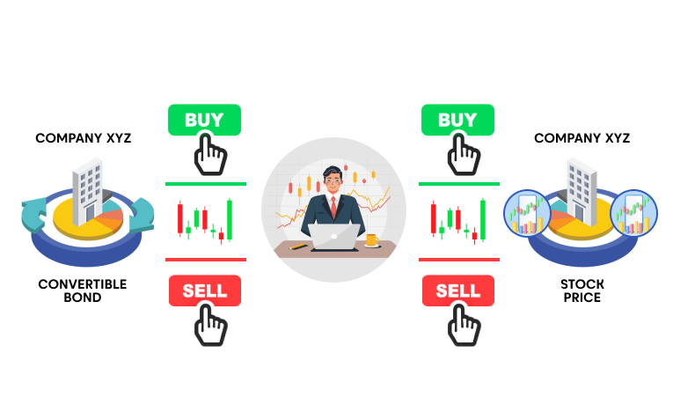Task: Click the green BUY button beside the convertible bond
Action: click(x=204, y=120)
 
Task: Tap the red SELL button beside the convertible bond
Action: click(x=205, y=290)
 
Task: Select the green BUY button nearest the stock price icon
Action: click(x=457, y=120)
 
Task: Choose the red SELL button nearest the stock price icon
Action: click(x=458, y=290)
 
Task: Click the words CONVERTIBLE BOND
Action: click(x=83, y=290)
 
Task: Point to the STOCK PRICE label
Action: click(x=582, y=290)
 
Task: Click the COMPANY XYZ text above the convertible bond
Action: click(x=84, y=138)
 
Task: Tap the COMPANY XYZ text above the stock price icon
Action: click(x=582, y=138)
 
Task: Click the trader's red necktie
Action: click(x=333, y=208)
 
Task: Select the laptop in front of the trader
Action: click(x=334, y=237)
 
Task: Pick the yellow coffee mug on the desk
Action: click(x=372, y=240)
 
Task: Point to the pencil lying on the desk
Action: click(x=298, y=246)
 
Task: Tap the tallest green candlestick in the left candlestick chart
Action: click(x=230, y=219)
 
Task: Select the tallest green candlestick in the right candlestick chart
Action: click(x=483, y=219)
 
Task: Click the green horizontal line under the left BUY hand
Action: click(x=206, y=184)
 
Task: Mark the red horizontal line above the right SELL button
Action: click(x=459, y=260)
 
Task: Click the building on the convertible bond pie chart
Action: click(x=89, y=192)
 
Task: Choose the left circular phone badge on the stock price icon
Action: click(x=527, y=213)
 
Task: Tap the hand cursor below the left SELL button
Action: click(x=210, y=325)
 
